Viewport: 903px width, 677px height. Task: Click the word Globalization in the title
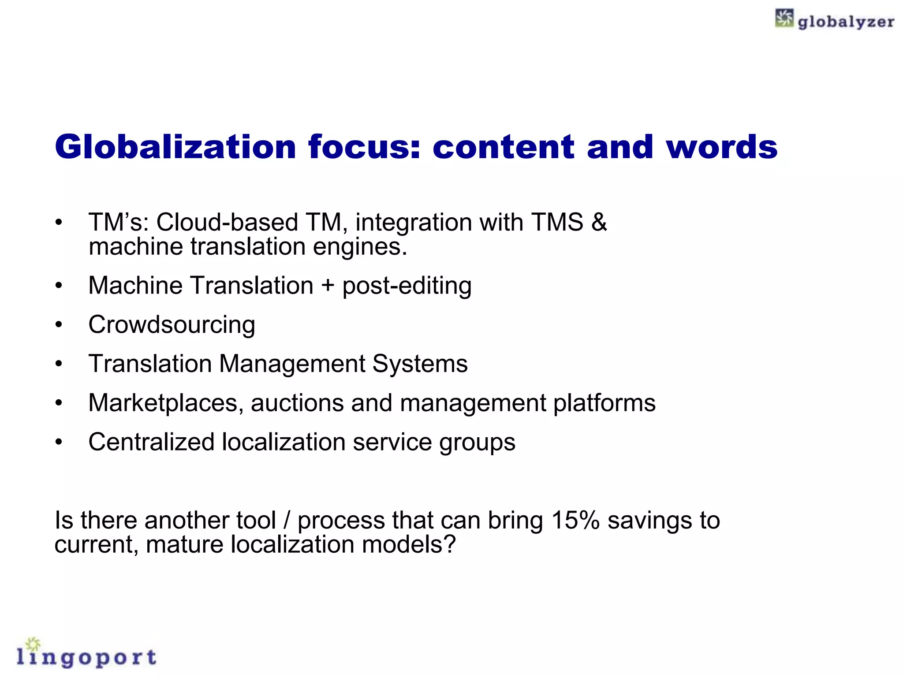click(x=175, y=147)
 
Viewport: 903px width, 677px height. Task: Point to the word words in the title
click(x=722, y=147)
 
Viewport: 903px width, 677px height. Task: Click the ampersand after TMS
click(x=599, y=222)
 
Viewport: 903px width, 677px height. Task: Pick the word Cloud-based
click(x=227, y=222)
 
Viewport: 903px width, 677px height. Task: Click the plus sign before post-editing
click(x=328, y=285)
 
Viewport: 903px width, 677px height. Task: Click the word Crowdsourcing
click(x=172, y=325)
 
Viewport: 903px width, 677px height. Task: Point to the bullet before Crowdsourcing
click(x=59, y=325)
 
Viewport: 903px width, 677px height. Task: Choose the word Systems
click(x=420, y=364)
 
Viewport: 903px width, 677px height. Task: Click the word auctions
click(x=297, y=403)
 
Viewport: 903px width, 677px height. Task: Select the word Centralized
click(x=151, y=442)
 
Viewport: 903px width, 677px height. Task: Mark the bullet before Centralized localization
click(x=59, y=442)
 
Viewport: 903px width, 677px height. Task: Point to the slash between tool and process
click(x=287, y=520)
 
